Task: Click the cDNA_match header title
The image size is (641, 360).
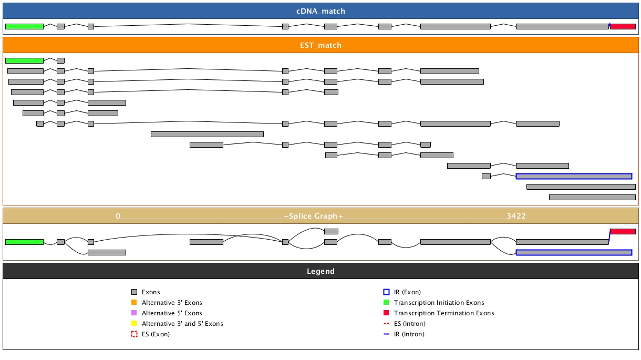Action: coord(320,11)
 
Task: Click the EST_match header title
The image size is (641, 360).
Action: coord(320,45)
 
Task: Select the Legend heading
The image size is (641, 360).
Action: coord(320,271)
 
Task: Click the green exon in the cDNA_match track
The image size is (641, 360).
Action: coord(24,26)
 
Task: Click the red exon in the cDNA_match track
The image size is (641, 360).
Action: coord(623,26)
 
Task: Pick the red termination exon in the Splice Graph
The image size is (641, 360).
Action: coord(623,231)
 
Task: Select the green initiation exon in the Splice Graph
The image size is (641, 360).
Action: coord(24,242)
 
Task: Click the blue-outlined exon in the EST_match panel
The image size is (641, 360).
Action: coord(574,176)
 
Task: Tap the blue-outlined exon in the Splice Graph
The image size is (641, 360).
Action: coord(574,252)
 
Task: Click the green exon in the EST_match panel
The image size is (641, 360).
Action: coord(24,60)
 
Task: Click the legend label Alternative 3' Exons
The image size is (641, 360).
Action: coord(172,303)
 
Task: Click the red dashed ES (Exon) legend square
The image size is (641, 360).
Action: coord(134,334)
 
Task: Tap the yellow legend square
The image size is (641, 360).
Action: coord(134,324)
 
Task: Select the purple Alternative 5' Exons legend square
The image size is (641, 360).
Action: coord(134,313)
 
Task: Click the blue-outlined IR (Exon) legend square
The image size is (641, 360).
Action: coord(386,292)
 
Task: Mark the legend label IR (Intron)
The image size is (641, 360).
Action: coord(409,334)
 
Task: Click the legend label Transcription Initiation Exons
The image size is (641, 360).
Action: coord(439,303)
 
